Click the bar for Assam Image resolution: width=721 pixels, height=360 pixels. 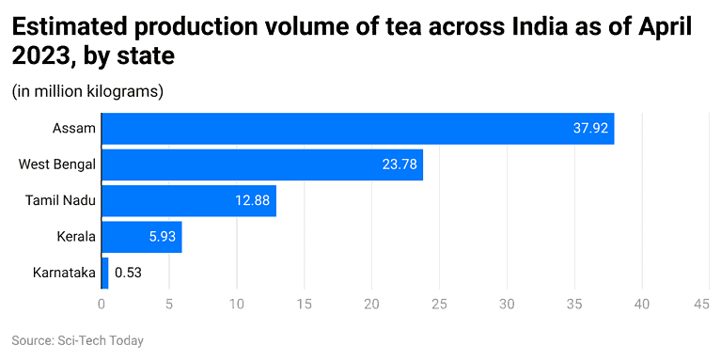[357, 128]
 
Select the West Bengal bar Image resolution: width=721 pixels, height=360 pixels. [261, 164]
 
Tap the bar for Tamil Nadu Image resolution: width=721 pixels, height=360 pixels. [188, 200]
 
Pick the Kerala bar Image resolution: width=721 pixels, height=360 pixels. [141, 237]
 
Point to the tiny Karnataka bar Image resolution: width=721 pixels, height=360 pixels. [104, 273]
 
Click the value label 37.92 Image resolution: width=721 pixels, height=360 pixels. [589, 128]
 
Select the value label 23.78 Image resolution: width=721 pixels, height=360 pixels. [399, 164]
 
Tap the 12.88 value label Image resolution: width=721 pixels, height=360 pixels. [251, 200]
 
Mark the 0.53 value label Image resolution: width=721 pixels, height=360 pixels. [128, 273]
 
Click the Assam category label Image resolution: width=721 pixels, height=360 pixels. [74, 128]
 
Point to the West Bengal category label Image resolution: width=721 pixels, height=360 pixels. [56, 164]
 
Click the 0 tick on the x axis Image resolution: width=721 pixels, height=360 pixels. [102, 305]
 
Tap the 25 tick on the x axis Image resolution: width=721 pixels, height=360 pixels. [439, 305]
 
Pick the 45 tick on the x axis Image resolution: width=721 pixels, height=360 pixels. [701, 305]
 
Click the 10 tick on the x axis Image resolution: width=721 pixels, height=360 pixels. [236, 305]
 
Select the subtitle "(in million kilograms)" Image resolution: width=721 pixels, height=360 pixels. [87, 91]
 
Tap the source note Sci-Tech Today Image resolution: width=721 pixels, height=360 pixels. [77, 340]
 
